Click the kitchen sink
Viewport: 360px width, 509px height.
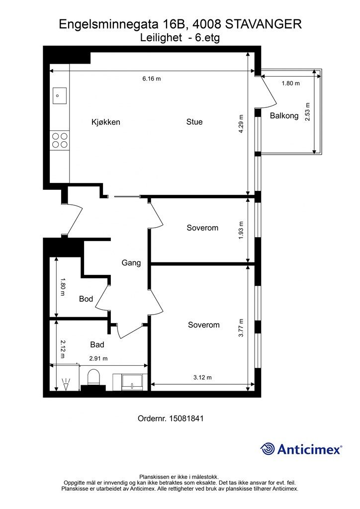point(60,96)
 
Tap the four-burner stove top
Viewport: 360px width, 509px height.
point(60,140)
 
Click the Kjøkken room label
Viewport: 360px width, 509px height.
point(106,122)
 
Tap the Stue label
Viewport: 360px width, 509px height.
point(194,122)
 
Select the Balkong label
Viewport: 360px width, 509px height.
point(284,115)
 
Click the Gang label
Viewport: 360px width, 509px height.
point(131,262)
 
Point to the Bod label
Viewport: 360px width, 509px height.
point(86,299)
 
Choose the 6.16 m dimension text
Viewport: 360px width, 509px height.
point(152,79)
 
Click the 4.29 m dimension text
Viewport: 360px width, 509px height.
point(241,124)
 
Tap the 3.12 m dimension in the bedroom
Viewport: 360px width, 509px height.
point(202,377)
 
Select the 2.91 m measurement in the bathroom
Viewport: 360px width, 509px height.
point(98,358)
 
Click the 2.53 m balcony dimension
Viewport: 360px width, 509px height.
point(307,112)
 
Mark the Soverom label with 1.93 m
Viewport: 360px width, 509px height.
point(202,228)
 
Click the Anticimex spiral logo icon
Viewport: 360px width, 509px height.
point(268,449)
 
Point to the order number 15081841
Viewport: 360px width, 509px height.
point(186,418)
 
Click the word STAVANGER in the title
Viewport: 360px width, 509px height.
point(263,24)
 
